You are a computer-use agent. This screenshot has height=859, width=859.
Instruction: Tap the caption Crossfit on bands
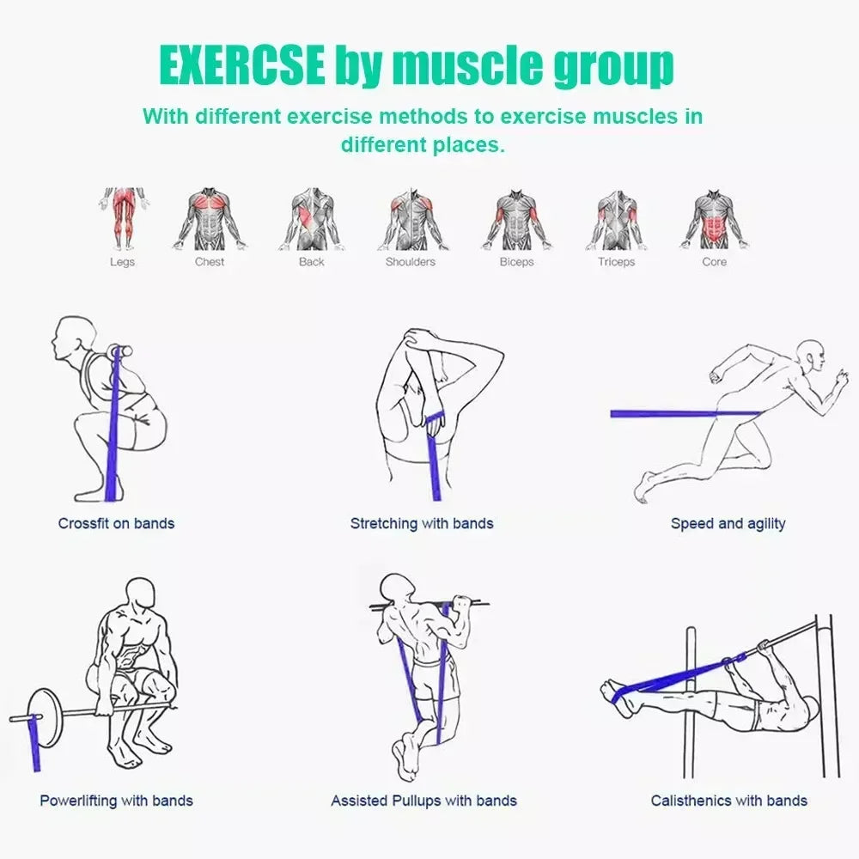116,523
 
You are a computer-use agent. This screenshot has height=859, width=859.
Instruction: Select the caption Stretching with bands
422,523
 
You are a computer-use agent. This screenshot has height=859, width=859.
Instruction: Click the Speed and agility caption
728,523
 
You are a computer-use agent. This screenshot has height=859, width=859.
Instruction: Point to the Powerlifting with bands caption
116,801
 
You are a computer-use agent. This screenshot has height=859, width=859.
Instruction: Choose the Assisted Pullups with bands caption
423,801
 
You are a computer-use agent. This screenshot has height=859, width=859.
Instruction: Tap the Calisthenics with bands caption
728,801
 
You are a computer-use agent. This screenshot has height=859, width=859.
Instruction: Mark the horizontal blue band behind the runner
670,414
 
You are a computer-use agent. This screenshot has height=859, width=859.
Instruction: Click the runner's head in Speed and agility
811,353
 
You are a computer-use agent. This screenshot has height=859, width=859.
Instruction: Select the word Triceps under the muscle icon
616,262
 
